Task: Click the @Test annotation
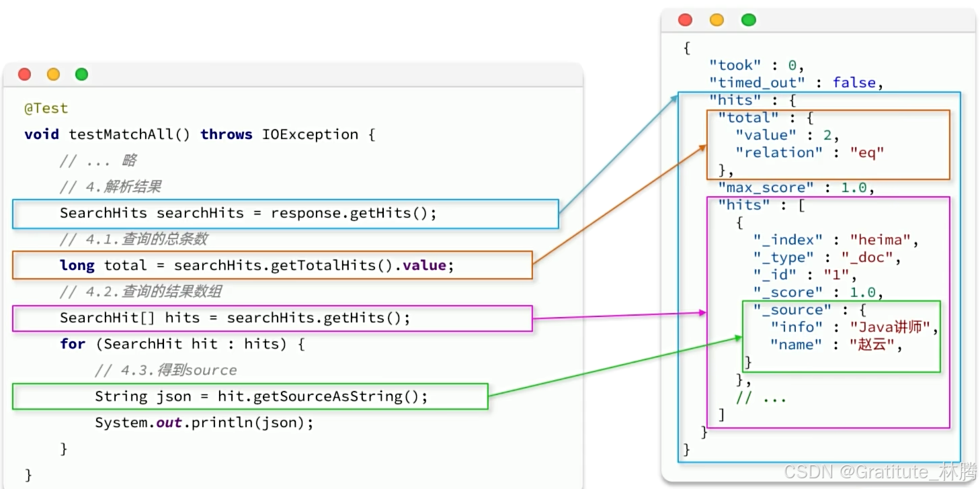click(x=46, y=109)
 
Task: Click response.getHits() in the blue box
click(x=354, y=214)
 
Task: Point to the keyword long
click(x=77, y=266)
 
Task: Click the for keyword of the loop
click(x=73, y=345)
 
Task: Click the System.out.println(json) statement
click(x=204, y=423)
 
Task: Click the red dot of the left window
click(x=24, y=75)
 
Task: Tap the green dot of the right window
click(x=748, y=20)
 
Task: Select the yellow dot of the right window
click(x=717, y=20)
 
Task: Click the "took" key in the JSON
click(x=735, y=65)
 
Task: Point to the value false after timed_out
click(x=854, y=83)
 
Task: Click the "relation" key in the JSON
click(x=778, y=152)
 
